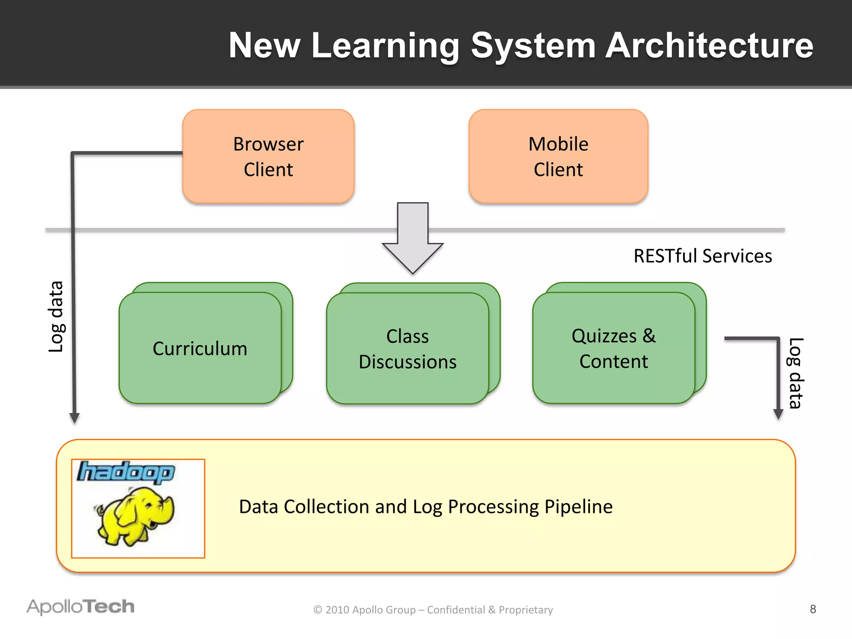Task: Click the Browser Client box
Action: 268,156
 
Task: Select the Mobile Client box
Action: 558,156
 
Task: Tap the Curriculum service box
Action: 200,348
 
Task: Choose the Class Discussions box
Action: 408,349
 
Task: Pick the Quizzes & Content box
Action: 614,348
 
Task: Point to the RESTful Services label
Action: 703,256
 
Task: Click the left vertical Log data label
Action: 56,317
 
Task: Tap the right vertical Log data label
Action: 795,373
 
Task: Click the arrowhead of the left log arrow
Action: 74,418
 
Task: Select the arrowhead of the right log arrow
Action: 778,414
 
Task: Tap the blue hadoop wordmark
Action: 126,473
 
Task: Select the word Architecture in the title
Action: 709,45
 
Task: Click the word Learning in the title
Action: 385,45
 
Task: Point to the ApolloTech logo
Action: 81,607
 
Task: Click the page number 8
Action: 813,609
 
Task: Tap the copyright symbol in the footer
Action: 318,610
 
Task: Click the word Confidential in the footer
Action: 456,610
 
